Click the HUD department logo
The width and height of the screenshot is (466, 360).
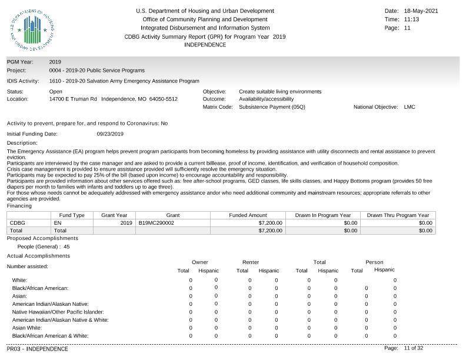[32, 30]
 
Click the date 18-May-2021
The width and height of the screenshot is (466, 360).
[421, 11]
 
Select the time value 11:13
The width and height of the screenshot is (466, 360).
[412, 19]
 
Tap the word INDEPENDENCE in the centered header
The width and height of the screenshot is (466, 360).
[205, 45]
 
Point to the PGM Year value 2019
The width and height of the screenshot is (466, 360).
[55, 62]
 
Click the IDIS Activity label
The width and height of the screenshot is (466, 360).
[23, 81]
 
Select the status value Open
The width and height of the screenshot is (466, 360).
[56, 92]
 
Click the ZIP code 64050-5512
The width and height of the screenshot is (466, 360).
[163, 99]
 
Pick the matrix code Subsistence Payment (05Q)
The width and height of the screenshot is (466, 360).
[272, 107]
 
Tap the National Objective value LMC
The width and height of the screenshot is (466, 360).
[410, 107]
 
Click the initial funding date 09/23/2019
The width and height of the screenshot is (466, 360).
[110, 134]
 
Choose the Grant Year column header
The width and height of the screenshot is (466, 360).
[114, 215]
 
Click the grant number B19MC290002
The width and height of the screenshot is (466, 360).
[156, 223]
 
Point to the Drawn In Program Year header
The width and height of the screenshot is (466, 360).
[323, 215]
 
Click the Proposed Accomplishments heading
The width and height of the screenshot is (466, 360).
[42, 238]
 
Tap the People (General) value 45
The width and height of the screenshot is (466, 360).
[66, 247]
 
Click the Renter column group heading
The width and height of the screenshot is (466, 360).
[251, 262]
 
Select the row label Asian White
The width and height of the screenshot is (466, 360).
[27, 328]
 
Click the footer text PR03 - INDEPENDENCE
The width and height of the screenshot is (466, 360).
[38, 349]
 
